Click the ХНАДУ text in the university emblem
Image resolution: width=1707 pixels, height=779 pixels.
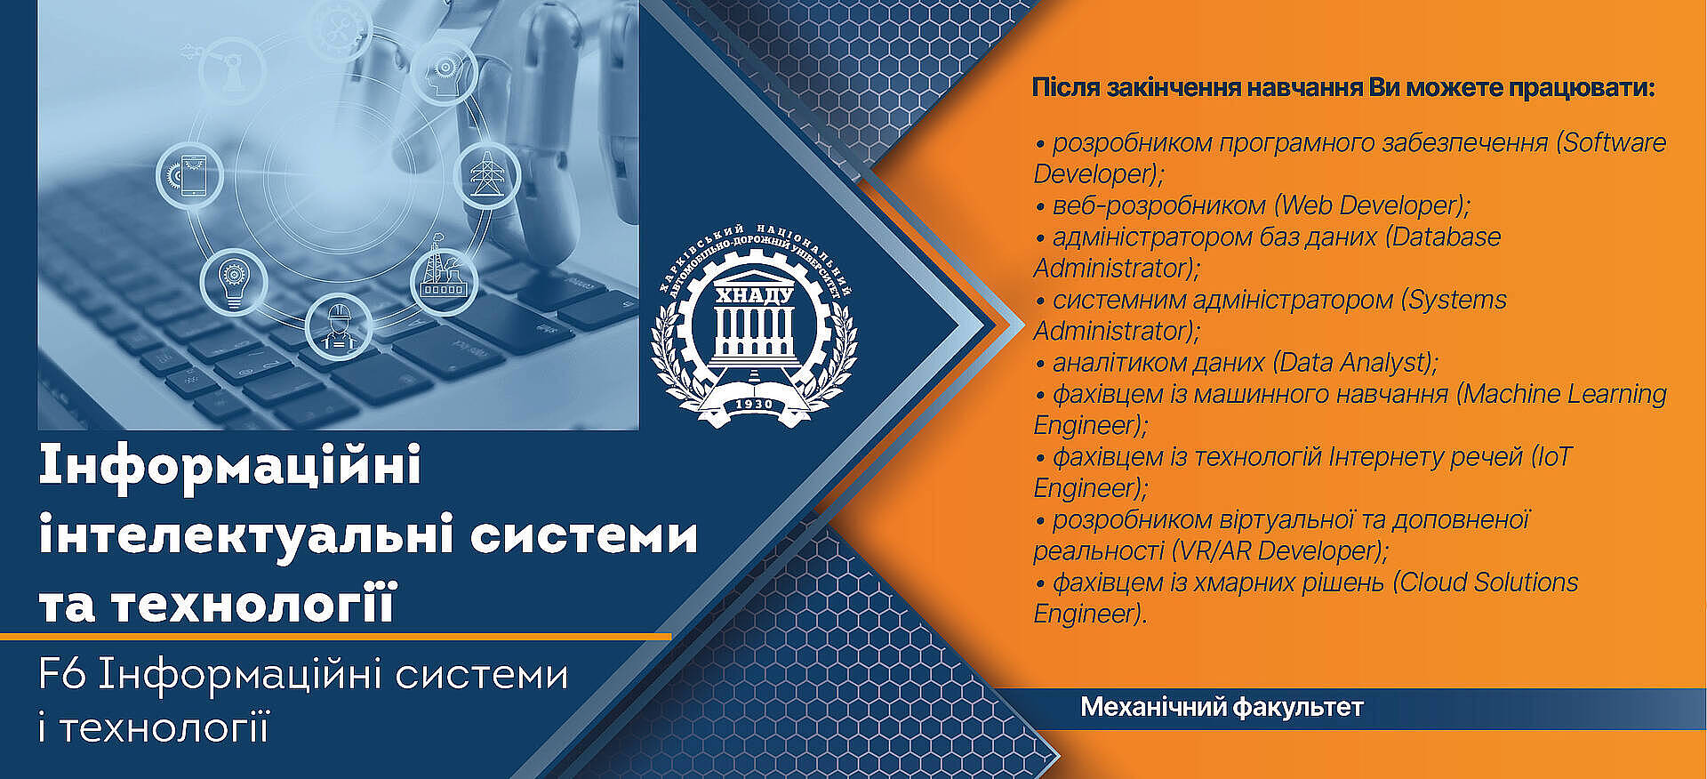point(754,295)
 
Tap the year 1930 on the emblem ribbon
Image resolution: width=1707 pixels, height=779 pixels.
point(754,405)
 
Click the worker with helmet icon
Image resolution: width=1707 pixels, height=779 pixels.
point(338,326)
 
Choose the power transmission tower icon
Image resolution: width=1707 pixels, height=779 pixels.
point(486,174)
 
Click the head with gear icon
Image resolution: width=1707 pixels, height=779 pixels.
point(442,69)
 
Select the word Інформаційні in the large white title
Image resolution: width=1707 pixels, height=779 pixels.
point(230,466)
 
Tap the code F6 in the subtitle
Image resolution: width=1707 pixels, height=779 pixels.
point(61,675)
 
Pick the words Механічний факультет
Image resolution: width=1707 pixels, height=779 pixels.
point(1222,708)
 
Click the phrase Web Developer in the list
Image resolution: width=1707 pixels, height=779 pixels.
point(1370,205)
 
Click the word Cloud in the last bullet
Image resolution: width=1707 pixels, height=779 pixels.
point(1433,582)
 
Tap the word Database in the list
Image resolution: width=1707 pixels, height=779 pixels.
point(1446,237)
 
